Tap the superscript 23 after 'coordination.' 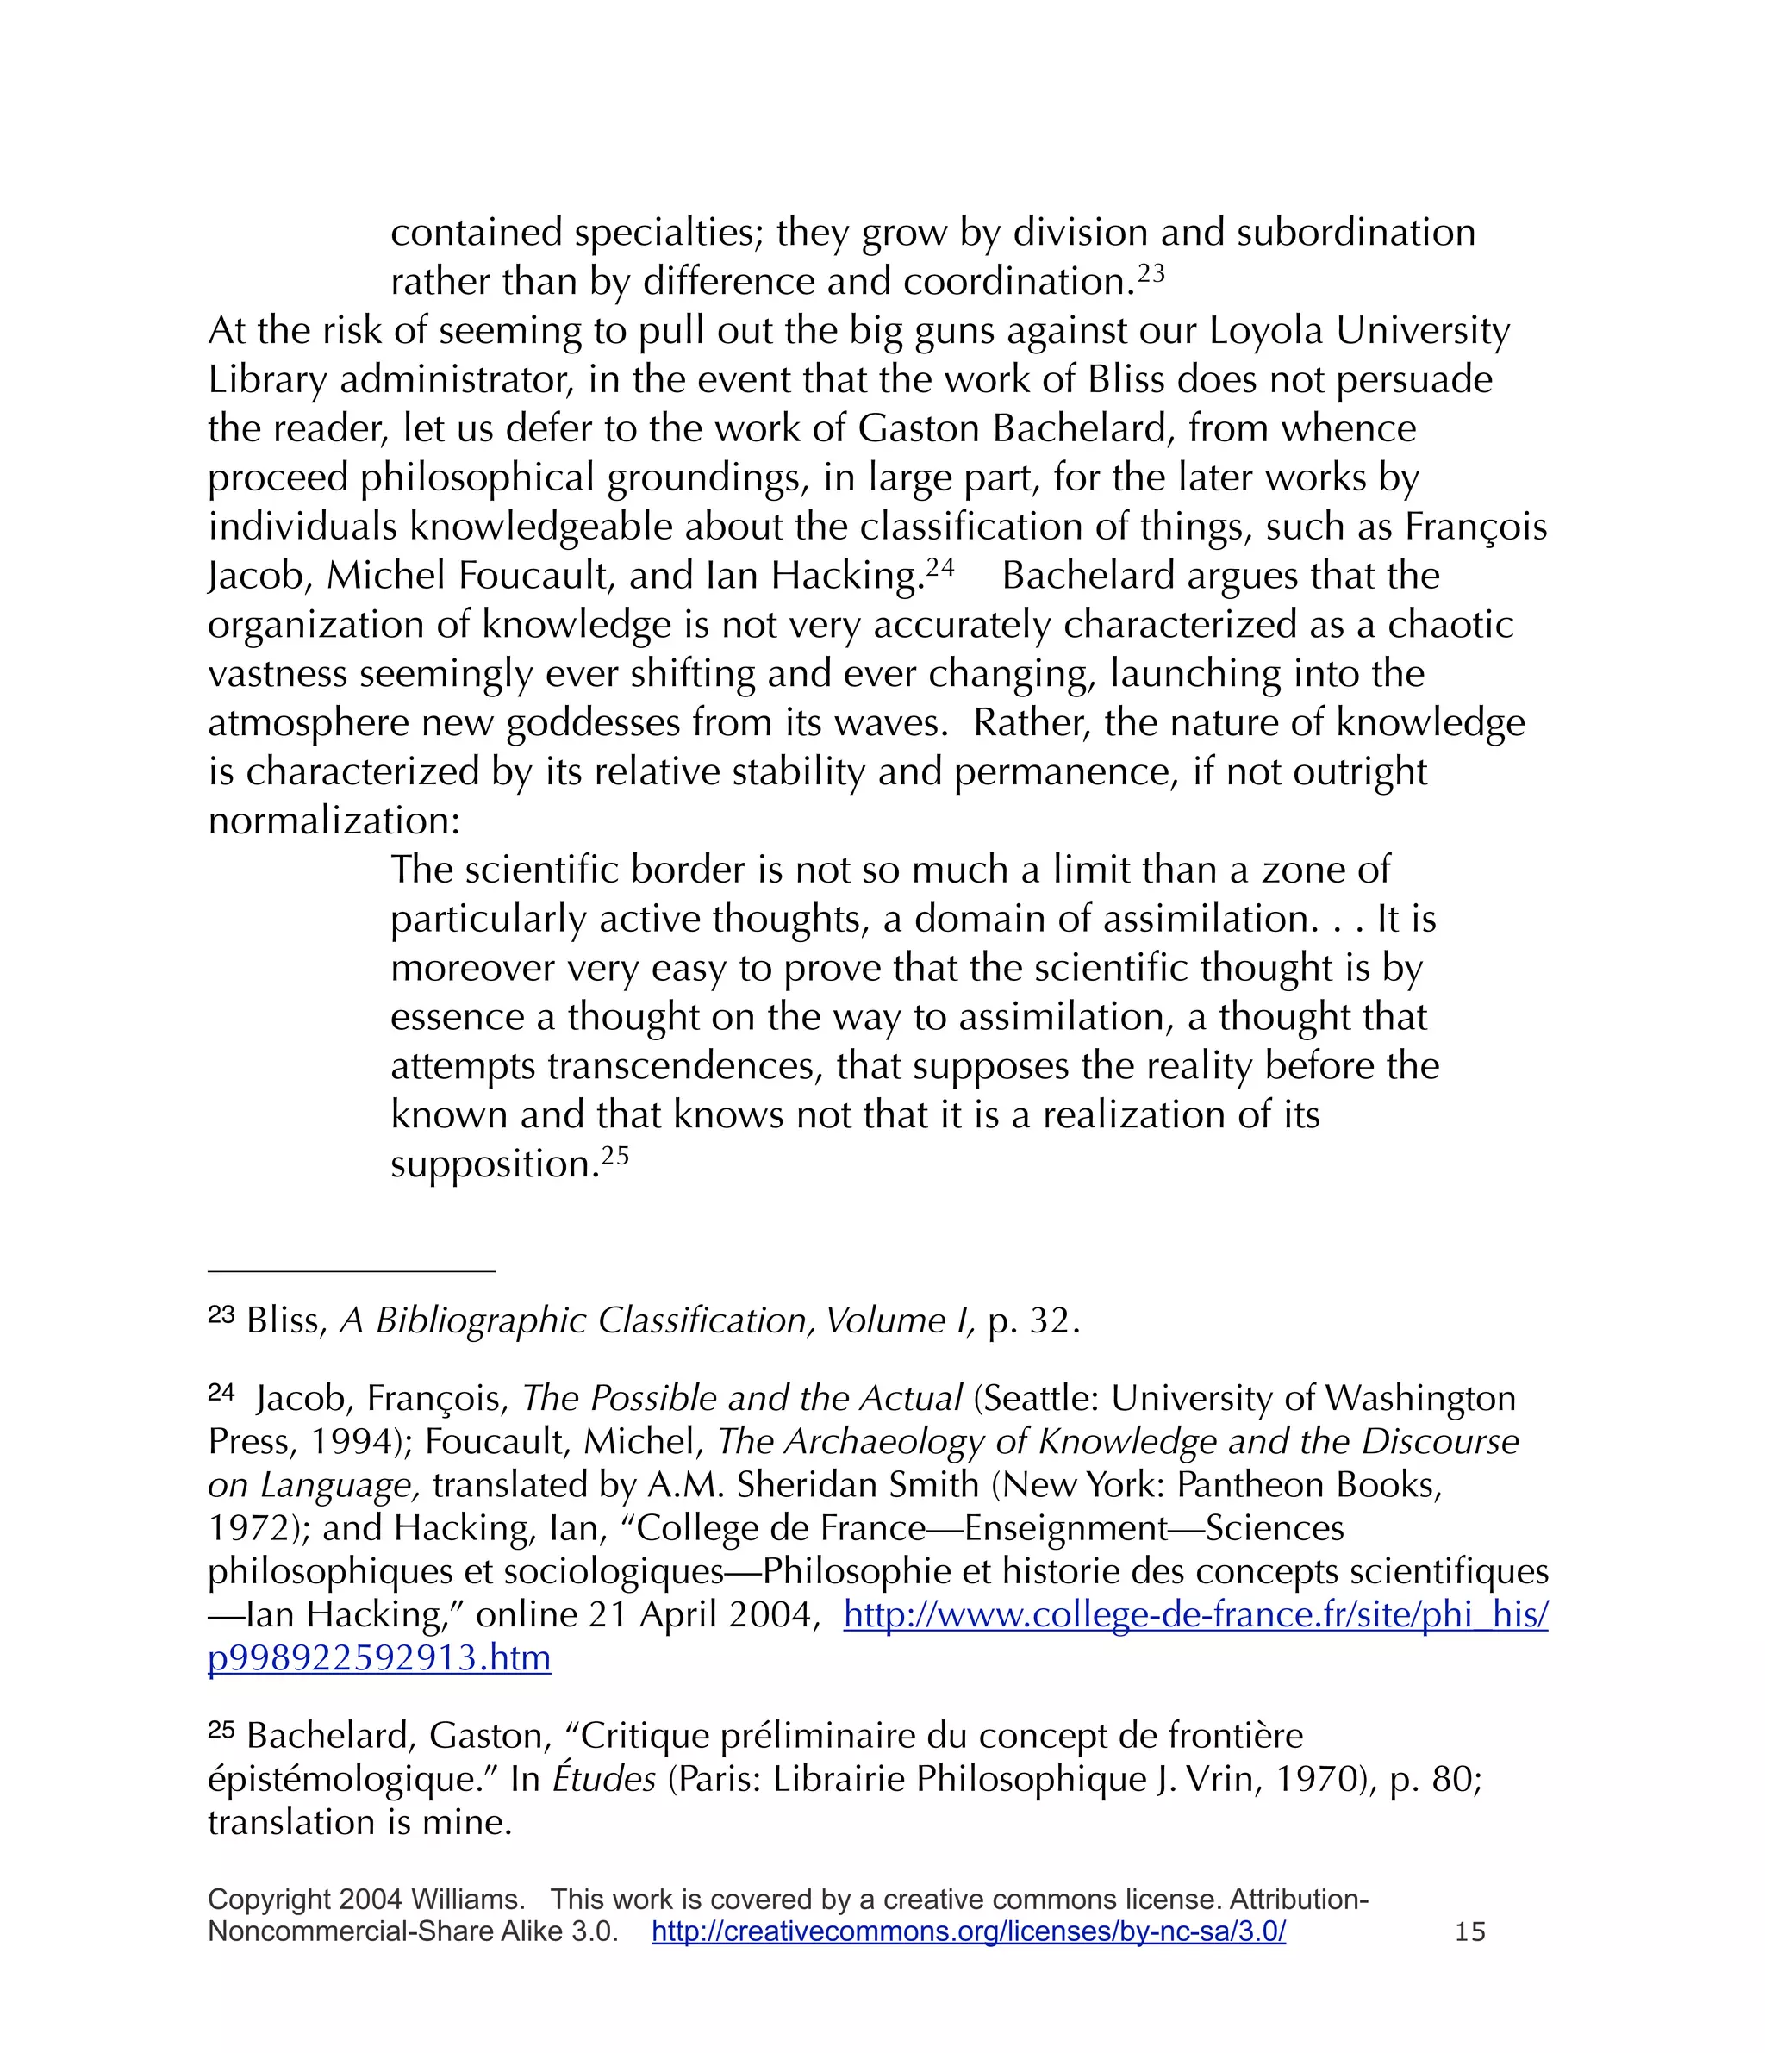click(x=1151, y=272)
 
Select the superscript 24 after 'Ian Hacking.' click(x=939, y=567)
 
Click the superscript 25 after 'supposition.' click(x=615, y=1155)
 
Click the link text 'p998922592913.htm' click(x=378, y=1657)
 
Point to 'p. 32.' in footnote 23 click(x=1032, y=1320)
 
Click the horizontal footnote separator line click(x=351, y=1271)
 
